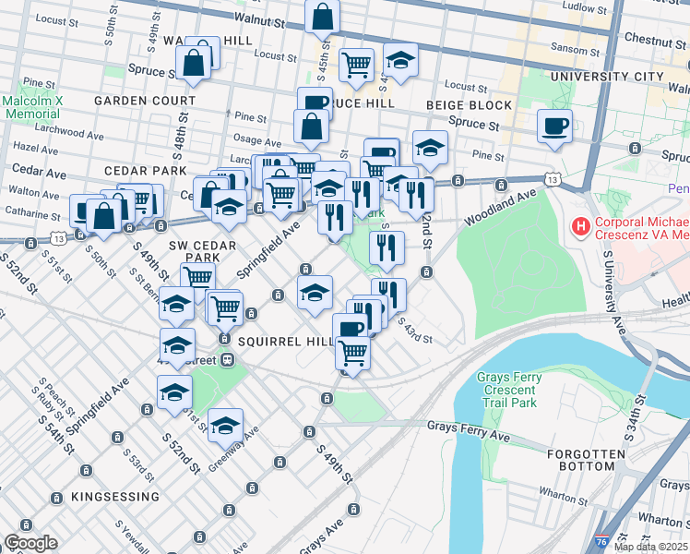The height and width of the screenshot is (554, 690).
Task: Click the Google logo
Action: click(x=30, y=543)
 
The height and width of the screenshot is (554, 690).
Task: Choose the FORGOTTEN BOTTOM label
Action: click(x=592, y=460)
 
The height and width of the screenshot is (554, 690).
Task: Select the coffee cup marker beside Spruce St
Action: click(x=554, y=126)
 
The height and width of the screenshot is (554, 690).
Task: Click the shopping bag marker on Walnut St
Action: click(x=323, y=16)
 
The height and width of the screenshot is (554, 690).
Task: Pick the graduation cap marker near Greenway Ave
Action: click(x=225, y=425)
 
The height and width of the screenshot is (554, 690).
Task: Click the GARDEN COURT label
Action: click(x=149, y=101)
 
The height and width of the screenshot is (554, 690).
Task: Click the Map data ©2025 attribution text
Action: click(x=651, y=547)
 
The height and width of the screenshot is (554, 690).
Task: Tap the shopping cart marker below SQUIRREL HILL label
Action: click(x=351, y=352)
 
